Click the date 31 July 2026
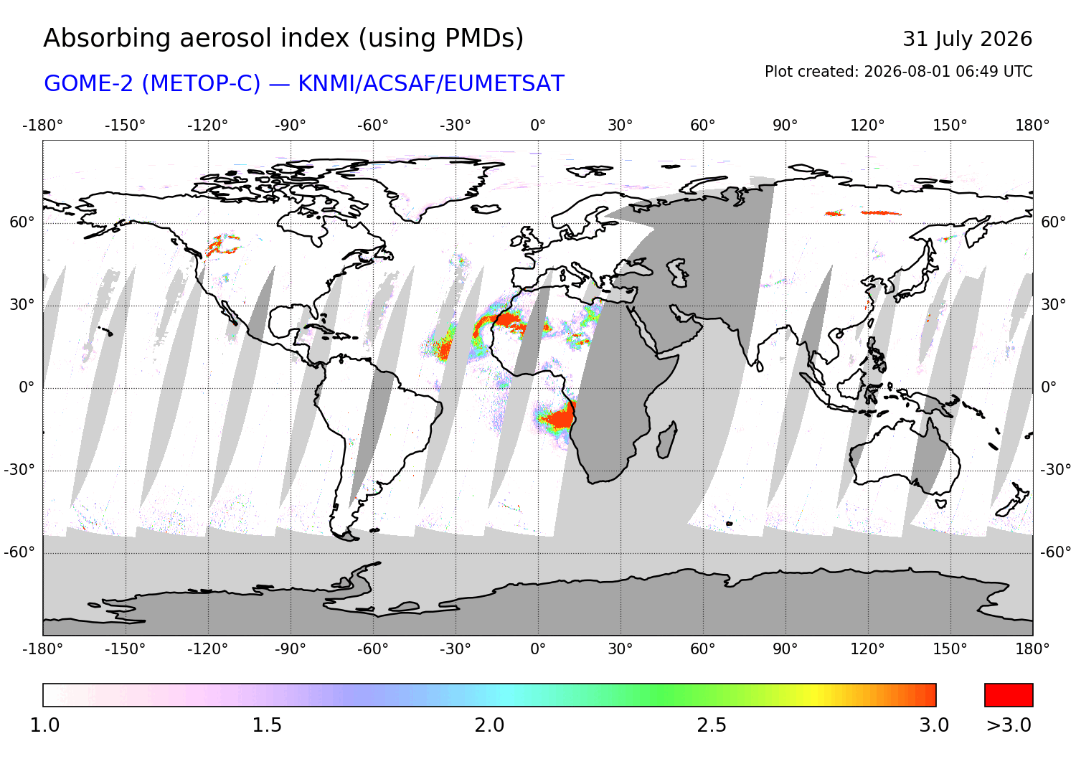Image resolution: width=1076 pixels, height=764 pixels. coord(967,39)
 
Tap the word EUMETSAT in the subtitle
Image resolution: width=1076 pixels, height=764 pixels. coord(504,84)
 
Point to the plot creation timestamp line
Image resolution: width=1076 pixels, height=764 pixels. coord(898,72)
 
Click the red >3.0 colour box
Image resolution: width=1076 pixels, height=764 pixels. coord(1009,695)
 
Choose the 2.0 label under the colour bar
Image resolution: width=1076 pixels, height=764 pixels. coord(489,725)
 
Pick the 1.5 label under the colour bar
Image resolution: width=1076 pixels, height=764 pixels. coord(267,725)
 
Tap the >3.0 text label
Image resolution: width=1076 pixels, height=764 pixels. coord(1009,725)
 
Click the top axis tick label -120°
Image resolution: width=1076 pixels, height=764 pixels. coord(207,126)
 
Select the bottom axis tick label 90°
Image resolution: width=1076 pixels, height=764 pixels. coord(785,649)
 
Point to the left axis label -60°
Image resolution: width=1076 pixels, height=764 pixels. coord(19,552)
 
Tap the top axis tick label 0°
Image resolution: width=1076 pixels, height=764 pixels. coord(538,126)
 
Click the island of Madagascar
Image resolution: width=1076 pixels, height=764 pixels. coord(666,440)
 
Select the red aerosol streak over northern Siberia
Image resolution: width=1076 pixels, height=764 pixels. coord(881,213)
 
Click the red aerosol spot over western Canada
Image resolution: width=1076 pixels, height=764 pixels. coord(221,245)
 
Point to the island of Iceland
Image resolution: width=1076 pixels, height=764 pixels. coord(486,209)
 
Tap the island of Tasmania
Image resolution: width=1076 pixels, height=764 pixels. coord(941,504)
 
